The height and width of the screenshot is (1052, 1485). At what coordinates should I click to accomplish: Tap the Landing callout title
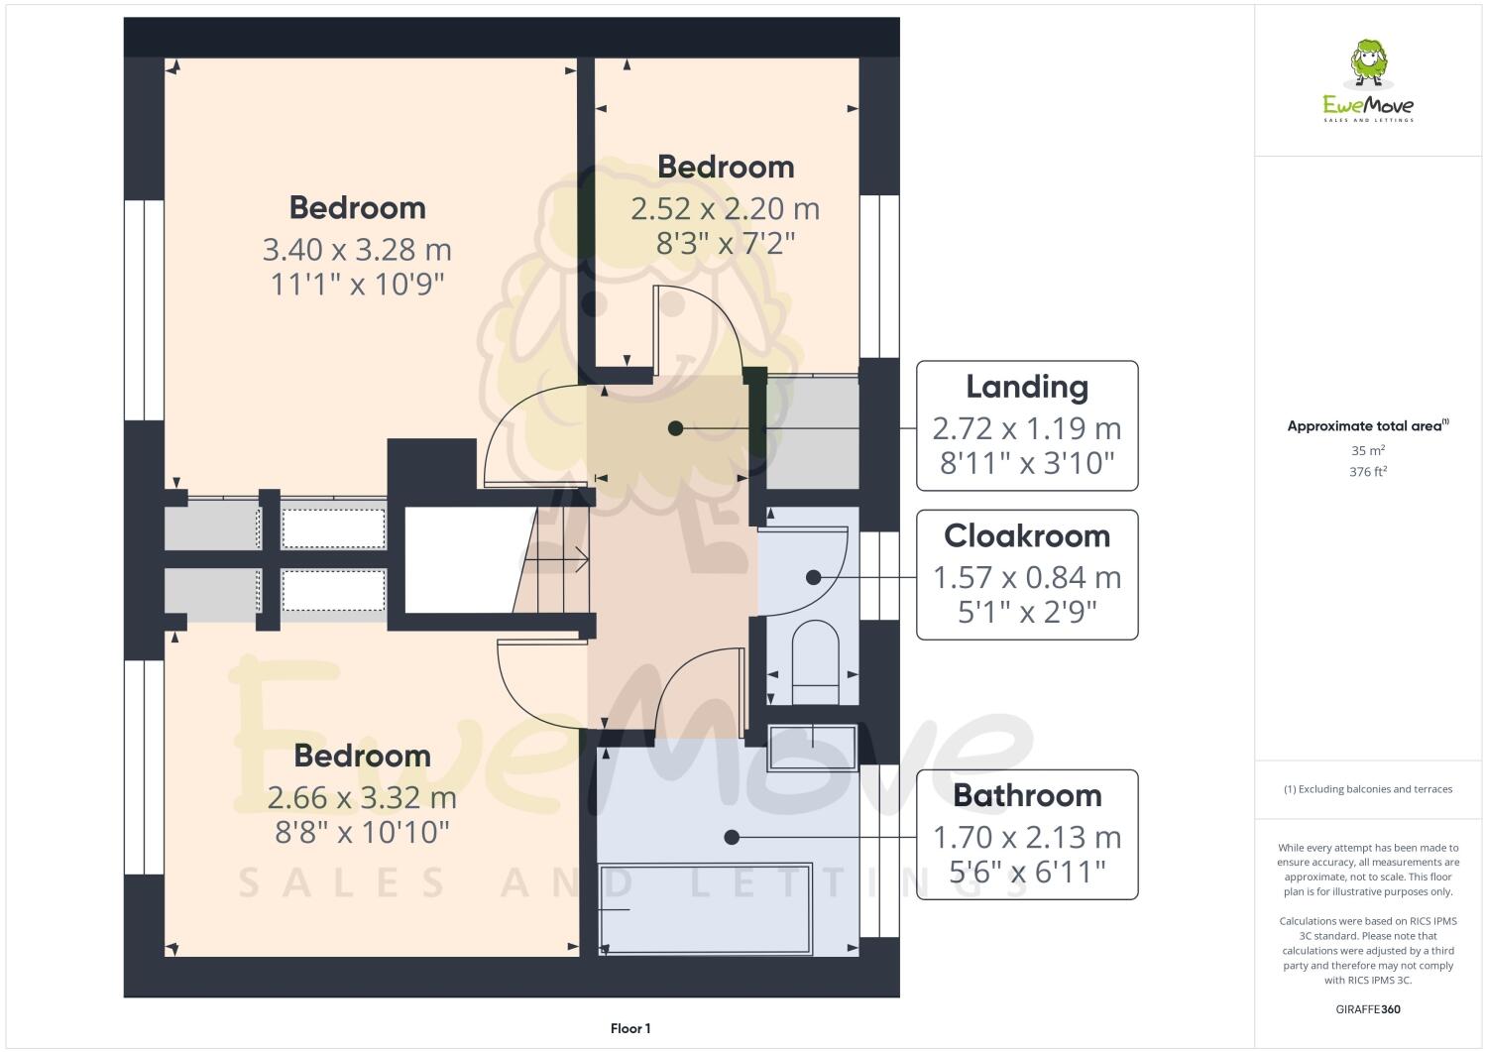tap(1027, 387)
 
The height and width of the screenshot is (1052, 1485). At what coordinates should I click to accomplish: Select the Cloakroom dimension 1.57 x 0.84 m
tap(1027, 577)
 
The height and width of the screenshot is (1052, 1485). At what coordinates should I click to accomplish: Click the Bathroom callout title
tap(1027, 795)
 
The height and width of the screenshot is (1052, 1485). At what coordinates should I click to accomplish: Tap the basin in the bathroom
tap(812, 747)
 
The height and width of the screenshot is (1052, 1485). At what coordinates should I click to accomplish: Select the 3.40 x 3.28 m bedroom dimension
tap(357, 249)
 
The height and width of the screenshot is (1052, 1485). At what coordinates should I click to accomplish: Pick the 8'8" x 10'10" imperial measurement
tap(362, 832)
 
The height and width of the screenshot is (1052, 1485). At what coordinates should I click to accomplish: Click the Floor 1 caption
tap(630, 1028)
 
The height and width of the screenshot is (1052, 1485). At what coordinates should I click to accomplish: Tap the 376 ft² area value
tap(1368, 472)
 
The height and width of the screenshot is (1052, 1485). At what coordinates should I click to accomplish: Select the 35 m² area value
tap(1368, 450)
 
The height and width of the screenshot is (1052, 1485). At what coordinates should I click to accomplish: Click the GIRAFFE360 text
tap(1368, 1009)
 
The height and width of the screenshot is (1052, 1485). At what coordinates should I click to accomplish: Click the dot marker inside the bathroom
tap(732, 837)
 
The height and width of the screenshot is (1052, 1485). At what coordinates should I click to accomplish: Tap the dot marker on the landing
tap(675, 428)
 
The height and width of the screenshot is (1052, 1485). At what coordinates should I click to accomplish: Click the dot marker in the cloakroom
tap(813, 577)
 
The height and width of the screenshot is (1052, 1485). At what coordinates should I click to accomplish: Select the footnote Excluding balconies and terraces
tap(1368, 789)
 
